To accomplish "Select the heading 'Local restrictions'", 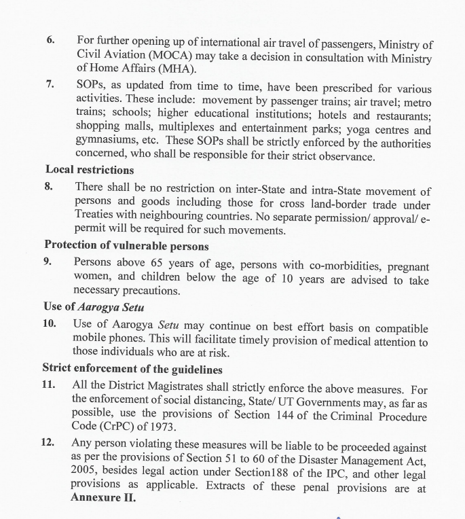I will [x=90, y=169].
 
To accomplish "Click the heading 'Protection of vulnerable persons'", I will [x=126, y=245].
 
